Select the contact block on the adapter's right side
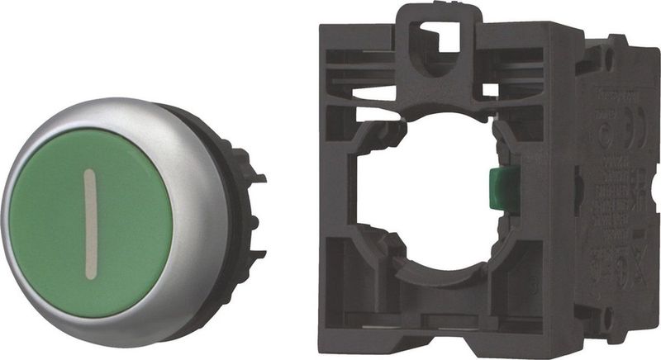[616, 190]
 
